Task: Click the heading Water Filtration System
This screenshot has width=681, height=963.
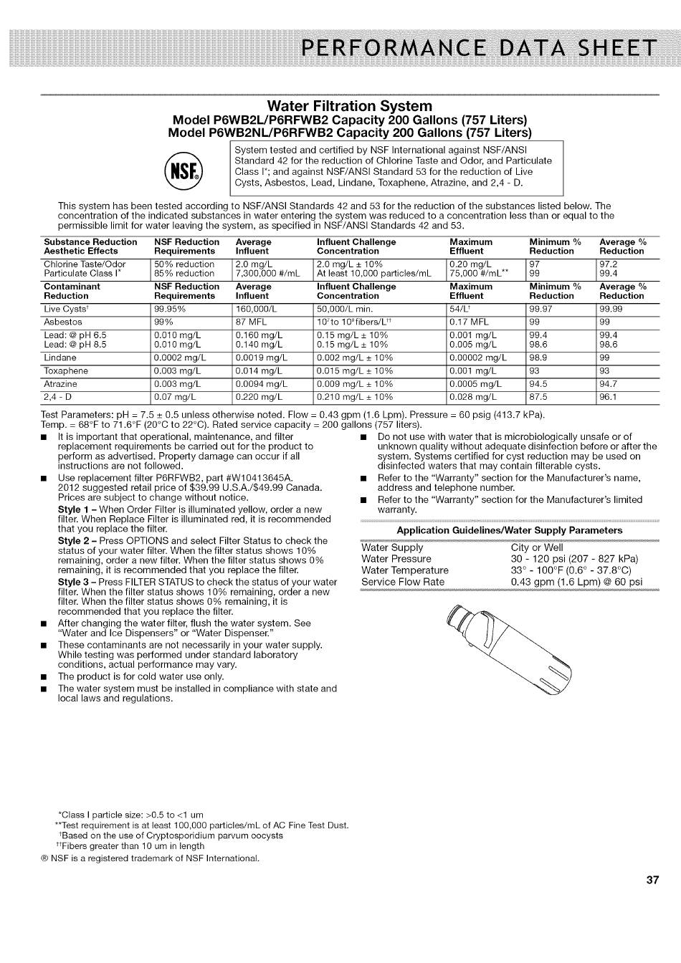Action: tap(349, 106)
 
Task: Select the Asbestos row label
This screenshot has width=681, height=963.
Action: tap(63, 322)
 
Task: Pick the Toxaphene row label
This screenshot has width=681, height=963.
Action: tap(66, 370)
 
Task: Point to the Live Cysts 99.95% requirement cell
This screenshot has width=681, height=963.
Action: tap(170, 309)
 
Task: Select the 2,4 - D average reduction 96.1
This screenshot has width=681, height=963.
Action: tap(608, 396)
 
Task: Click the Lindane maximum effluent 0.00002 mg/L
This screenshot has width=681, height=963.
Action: tap(477, 358)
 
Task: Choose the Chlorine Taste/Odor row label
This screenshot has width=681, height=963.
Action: tap(85, 264)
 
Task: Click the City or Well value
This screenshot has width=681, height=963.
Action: tap(537, 547)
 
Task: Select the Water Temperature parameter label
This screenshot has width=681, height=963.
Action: tap(405, 570)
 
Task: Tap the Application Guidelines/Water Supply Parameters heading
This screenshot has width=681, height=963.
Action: tap(509, 530)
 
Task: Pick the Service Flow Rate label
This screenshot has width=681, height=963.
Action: tap(403, 582)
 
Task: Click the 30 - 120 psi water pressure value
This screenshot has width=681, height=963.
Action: tap(574, 559)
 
